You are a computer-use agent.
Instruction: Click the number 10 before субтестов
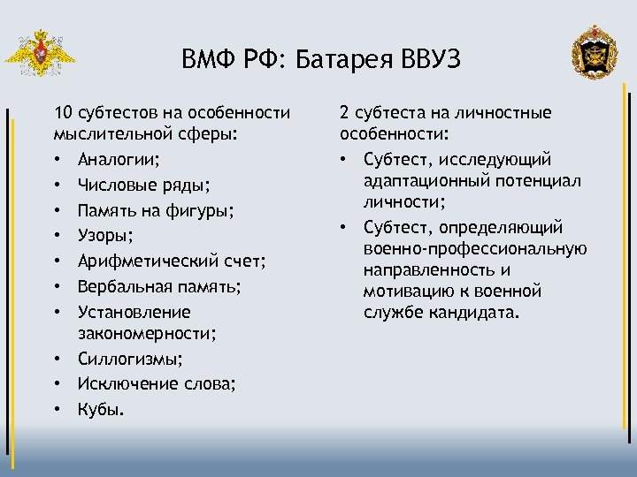(63, 113)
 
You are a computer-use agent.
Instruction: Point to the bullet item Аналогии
(119, 160)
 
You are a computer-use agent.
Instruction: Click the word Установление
(134, 312)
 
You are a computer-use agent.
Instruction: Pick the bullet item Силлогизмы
(130, 359)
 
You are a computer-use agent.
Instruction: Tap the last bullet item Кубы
(101, 409)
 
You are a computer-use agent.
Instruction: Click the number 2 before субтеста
(345, 113)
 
